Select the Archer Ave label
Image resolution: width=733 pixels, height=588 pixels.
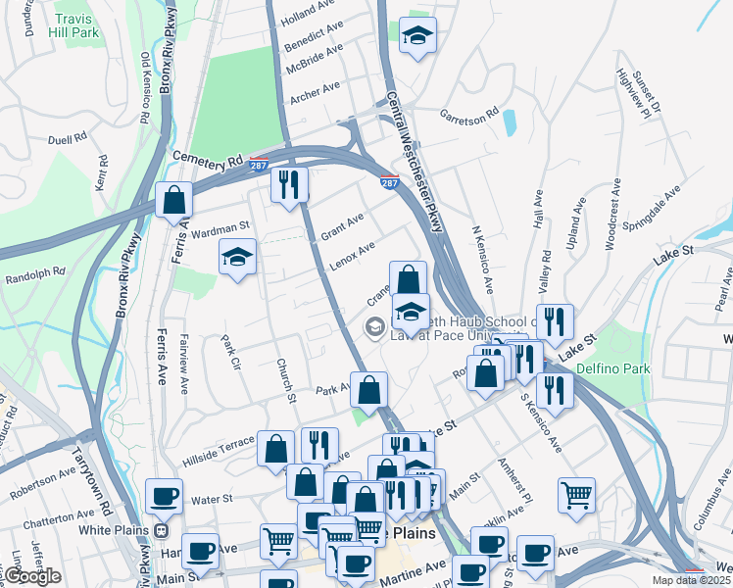[x=315, y=91]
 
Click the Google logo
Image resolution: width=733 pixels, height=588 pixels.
[x=31, y=576]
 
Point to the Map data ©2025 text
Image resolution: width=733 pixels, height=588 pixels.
[x=692, y=580]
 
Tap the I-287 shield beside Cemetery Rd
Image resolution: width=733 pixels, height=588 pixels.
[x=259, y=167]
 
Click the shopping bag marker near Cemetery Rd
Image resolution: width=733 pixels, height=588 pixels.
[x=173, y=200]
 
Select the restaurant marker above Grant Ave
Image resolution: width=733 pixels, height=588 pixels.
[x=289, y=183]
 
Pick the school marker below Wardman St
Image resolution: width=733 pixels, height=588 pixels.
[x=236, y=258]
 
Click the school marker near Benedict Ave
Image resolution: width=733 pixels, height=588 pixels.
[x=418, y=36]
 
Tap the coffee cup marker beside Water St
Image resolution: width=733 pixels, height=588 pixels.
[x=164, y=496]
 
